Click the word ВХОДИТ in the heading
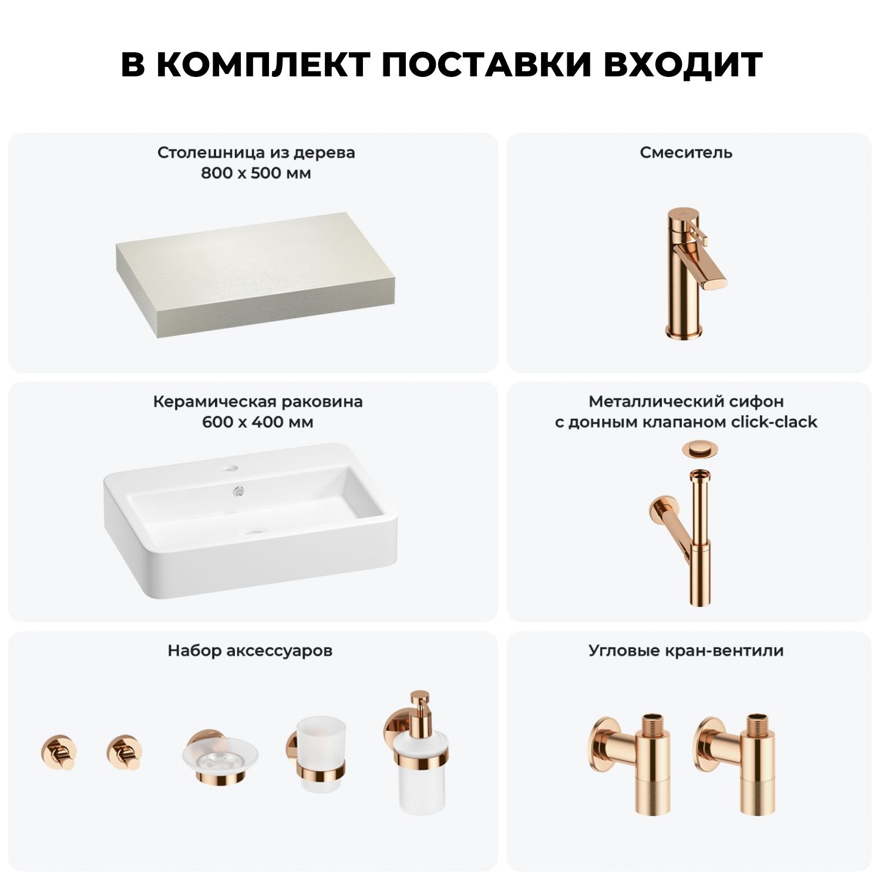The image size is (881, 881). [682, 65]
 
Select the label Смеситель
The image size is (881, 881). [686, 153]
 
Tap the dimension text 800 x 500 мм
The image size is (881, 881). [256, 173]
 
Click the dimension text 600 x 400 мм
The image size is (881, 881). [257, 422]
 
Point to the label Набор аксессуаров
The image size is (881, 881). [250, 651]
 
